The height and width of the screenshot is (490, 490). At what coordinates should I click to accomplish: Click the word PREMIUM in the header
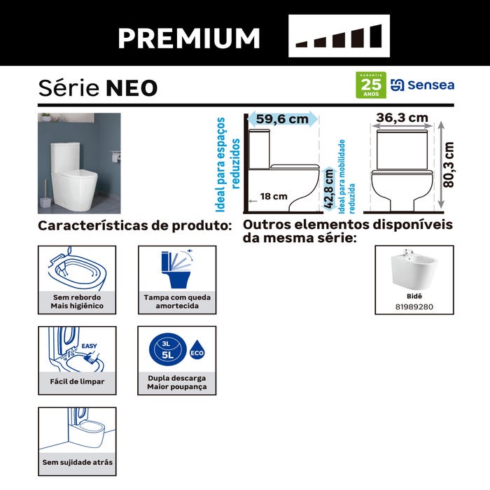tap(188, 37)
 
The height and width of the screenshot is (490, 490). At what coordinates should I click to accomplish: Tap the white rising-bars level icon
tap(339, 36)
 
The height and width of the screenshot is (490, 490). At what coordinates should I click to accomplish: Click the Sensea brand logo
tap(422, 85)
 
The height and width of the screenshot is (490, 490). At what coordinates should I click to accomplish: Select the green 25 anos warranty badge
tap(371, 85)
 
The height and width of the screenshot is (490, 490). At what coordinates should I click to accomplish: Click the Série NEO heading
tap(97, 88)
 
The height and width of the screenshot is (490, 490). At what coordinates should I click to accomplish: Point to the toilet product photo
tap(79, 163)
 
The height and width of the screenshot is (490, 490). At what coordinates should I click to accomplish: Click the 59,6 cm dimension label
tap(281, 119)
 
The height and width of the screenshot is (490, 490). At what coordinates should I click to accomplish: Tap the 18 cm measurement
tap(274, 197)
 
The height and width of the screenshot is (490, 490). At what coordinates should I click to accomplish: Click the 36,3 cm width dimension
tap(402, 118)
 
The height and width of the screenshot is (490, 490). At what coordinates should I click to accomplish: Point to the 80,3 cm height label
tap(449, 165)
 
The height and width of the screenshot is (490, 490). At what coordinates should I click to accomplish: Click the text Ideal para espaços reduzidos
tap(228, 164)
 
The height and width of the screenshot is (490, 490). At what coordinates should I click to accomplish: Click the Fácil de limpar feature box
tap(78, 360)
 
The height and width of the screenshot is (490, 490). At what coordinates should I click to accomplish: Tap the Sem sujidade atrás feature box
tap(78, 440)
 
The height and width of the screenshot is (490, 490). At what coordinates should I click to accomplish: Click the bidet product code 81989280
tap(414, 307)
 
